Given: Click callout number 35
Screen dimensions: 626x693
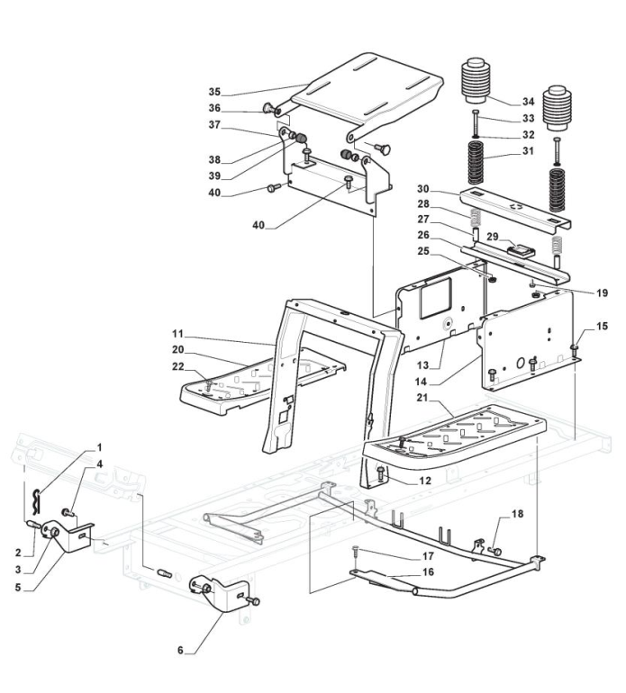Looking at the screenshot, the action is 214,92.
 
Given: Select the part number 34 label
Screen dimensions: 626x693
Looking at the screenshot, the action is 528,102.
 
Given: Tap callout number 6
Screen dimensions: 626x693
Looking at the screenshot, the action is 180,651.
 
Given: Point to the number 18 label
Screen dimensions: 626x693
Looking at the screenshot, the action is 517,514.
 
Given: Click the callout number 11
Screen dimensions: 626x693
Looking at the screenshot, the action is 177,333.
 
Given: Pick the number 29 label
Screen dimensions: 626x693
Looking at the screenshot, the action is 493,237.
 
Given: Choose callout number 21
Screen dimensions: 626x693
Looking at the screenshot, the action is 422,398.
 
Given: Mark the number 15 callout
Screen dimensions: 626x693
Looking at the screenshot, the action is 602,326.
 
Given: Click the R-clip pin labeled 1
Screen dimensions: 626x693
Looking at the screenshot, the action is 37,502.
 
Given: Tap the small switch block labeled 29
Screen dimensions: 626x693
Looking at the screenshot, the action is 522,250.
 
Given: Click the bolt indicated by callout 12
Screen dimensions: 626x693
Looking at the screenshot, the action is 380,473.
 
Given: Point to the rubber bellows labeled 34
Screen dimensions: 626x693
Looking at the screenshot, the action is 476,82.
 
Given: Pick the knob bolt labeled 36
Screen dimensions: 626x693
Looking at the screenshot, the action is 268,108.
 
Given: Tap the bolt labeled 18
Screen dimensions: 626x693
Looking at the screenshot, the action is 495,551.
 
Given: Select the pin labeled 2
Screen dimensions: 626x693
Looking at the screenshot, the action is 34,525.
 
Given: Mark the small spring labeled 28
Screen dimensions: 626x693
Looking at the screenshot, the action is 476,218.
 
